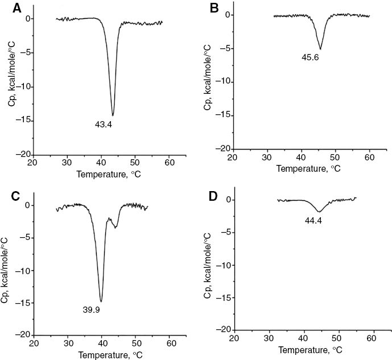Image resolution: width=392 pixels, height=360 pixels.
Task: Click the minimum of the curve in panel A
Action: click(x=113, y=115)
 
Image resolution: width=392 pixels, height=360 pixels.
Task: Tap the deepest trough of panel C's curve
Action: click(x=101, y=301)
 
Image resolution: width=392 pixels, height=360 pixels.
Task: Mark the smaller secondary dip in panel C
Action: click(x=116, y=227)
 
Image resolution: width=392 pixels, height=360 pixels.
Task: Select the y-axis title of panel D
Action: click(x=207, y=264)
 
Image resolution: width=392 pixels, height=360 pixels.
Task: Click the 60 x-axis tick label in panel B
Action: click(x=369, y=159)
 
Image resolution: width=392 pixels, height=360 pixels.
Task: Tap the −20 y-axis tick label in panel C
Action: click(x=22, y=334)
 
